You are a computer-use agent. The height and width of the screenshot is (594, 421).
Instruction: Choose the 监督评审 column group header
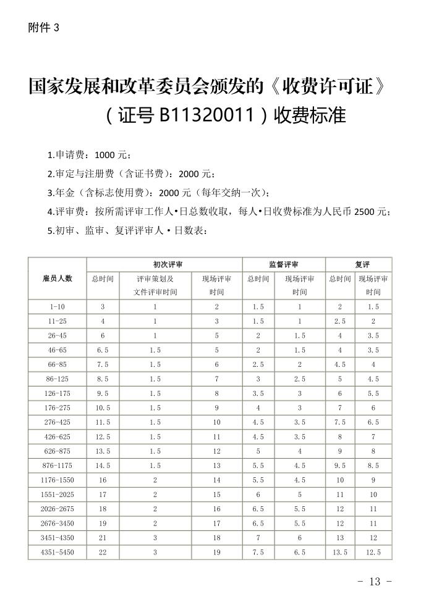[x=284, y=264]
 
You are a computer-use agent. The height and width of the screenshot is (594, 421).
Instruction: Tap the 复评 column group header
[x=362, y=264]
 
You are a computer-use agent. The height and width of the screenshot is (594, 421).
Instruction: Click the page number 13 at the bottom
[x=375, y=582]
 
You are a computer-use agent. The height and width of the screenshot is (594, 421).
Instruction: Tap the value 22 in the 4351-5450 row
[x=103, y=552]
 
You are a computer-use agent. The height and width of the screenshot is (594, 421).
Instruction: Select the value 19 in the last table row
[x=216, y=552]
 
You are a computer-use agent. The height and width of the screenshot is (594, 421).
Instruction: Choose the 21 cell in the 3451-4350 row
[x=103, y=538]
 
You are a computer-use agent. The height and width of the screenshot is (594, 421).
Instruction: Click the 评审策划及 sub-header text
[x=155, y=279]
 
